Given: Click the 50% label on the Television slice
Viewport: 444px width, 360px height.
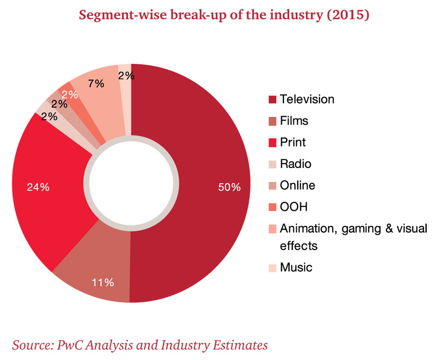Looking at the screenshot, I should pyautogui.click(x=229, y=187).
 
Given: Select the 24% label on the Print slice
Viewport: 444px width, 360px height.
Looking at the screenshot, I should pyautogui.click(x=38, y=187).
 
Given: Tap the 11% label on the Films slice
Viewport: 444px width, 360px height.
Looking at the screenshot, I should pyautogui.click(x=102, y=282).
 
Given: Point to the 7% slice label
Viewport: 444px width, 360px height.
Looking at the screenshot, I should pyautogui.click(x=96, y=83).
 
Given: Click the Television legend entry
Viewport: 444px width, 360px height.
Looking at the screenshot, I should pyautogui.click(x=307, y=99).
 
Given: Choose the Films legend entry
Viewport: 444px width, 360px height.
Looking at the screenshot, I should pyautogui.click(x=294, y=121).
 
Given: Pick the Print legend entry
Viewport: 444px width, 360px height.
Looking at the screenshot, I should pyautogui.click(x=292, y=142).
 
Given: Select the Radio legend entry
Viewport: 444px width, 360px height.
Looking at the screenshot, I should pyautogui.click(x=295, y=164).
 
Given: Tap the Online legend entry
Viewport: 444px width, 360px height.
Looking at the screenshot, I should pyautogui.click(x=297, y=185).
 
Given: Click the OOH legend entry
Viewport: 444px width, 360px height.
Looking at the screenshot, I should pyautogui.click(x=293, y=207).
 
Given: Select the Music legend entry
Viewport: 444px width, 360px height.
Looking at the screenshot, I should pyautogui.click(x=296, y=267).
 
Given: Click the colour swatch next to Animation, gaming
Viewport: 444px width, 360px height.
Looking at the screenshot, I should pyautogui.click(x=272, y=228).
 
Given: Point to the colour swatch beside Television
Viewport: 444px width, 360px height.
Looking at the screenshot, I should pyautogui.click(x=272, y=100).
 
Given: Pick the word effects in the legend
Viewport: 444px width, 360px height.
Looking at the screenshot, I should pyautogui.click(x=299, y=246).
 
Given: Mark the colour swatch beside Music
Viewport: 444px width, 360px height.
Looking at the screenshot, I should pyautogui.click(x=272, y=268).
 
